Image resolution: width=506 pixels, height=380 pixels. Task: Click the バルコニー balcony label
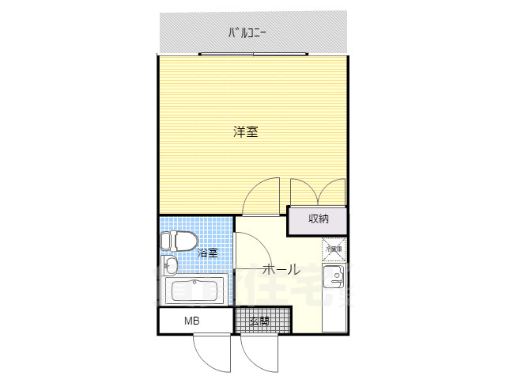click(247, 33)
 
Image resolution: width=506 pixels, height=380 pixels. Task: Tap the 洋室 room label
click(245, 132)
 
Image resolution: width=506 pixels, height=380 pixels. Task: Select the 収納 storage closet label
click(318, 218)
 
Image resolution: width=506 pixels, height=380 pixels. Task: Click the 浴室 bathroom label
click(208, 253)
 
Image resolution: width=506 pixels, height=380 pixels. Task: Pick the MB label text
click(192, 321)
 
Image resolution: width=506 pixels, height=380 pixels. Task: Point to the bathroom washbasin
click(171, 265)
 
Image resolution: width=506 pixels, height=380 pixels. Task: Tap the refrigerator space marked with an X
click(334, 248)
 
